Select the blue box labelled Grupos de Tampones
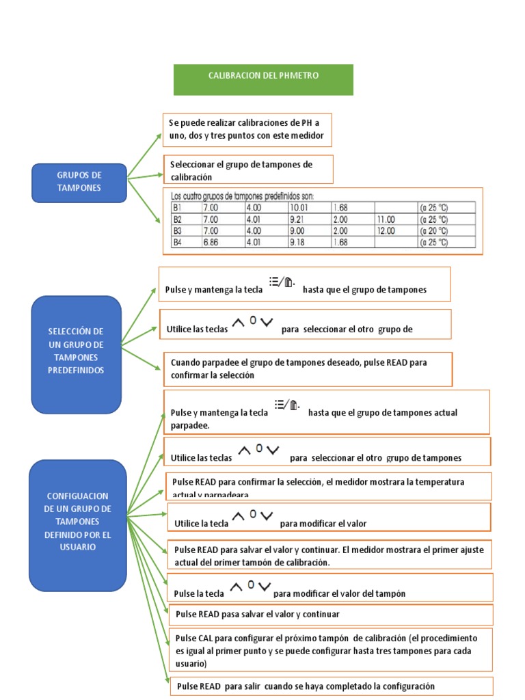click(79, 183)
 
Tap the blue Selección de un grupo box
click(76, 354)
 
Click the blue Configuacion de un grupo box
click(77, 524)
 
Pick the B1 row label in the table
click(177, 207)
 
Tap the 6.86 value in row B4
click(211, 242)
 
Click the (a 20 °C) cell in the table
click(435, 231)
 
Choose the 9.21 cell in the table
click(297, 219)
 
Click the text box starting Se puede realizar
click(247, 130)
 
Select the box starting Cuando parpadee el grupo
click(308, 368)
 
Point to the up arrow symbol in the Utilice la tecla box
click(239, 516)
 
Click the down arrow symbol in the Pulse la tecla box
click(265, 587)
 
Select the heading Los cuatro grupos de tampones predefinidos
click(242, 196)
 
